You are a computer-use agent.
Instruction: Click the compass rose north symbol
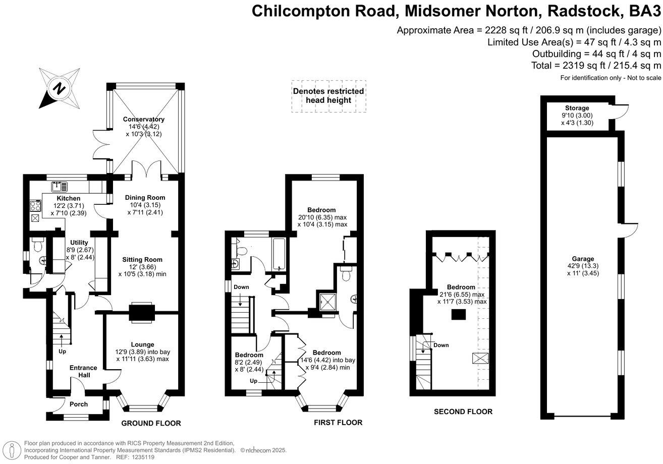coord(60,88)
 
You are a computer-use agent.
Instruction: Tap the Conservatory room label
coord(144,119)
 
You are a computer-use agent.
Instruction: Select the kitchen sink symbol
coord(60,187)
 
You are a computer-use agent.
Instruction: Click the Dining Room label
coord(145,197)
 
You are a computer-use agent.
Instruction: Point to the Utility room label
coord(79,243)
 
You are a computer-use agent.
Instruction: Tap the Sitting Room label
coord(142,260)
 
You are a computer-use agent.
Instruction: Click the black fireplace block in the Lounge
coord(142,312)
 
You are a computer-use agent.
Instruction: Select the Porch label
coord(79,404)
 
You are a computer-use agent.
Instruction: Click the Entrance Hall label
coord(83,371)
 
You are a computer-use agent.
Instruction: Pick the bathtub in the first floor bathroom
coord(279,255)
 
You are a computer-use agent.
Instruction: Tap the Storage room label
coord(577,108)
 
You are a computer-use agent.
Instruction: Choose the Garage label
coord(583,259)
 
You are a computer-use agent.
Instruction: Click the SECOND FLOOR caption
coord(463,412)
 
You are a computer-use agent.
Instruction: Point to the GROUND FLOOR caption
coord(151,424)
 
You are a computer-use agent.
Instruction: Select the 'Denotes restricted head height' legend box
coord(328,96)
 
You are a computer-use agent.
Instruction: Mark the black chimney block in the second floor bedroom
coord(459,315)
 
